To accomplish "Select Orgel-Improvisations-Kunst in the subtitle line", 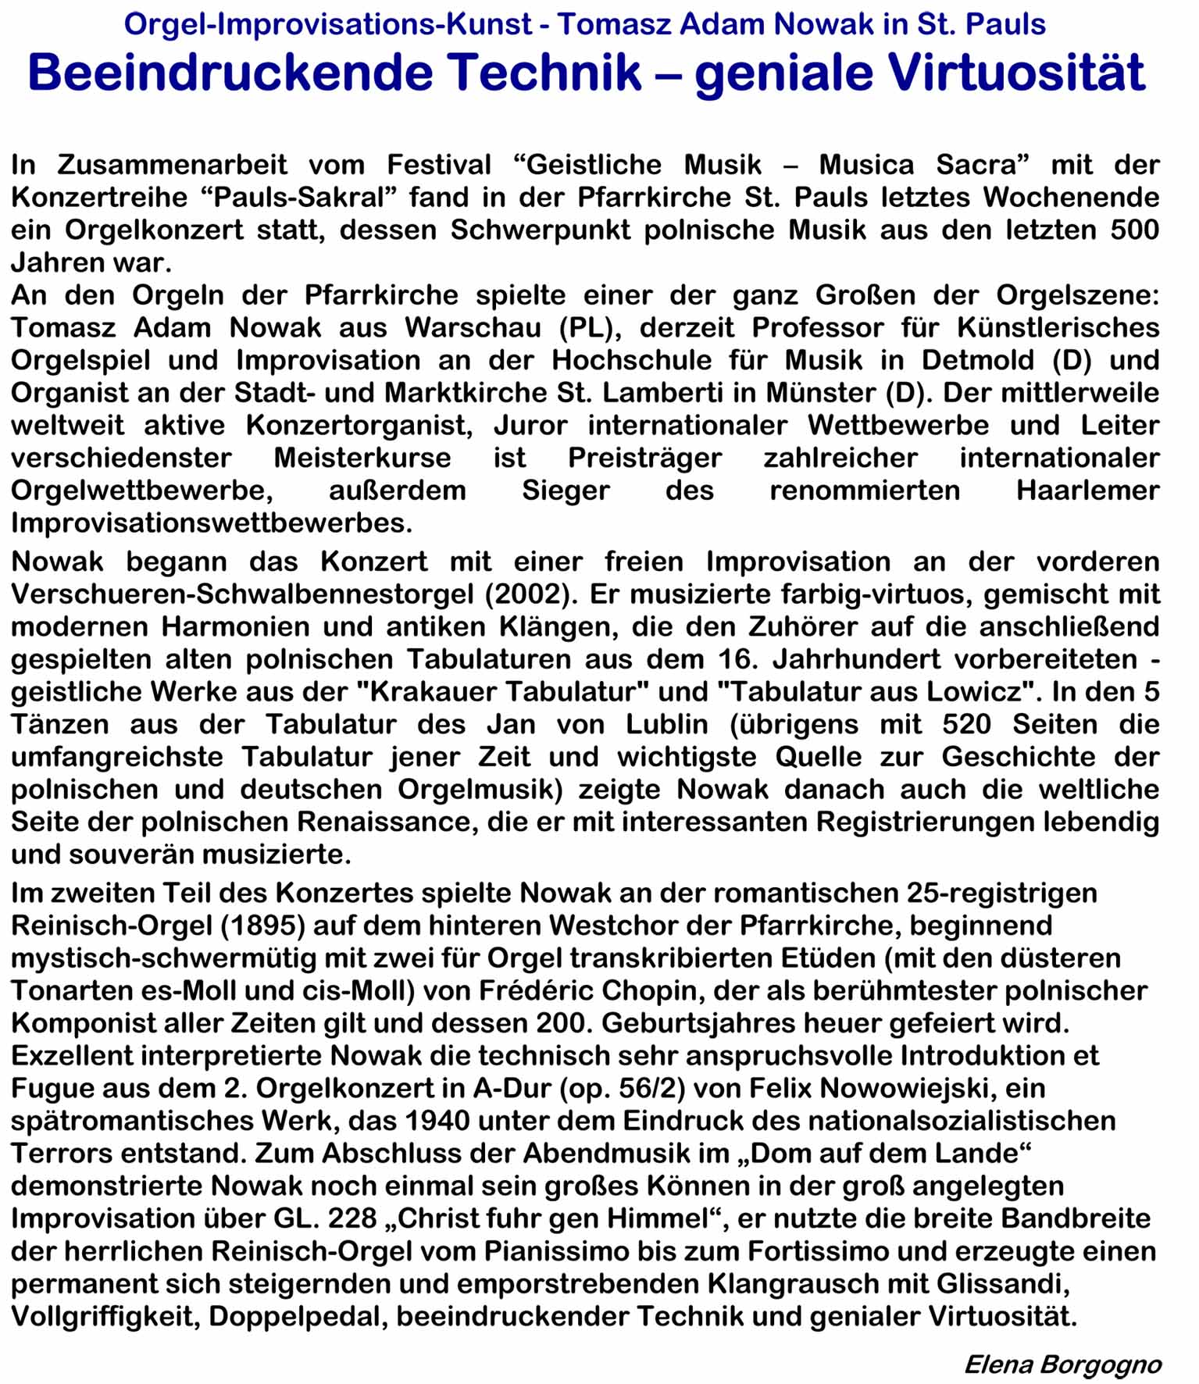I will click(328, 25).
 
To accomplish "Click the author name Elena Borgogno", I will click(1062, 1364).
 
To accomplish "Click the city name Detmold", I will click(980, 360).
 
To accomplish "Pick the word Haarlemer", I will click(1087, 490).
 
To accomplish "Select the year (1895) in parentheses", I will click(262, 926).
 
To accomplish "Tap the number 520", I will click(966, 725).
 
